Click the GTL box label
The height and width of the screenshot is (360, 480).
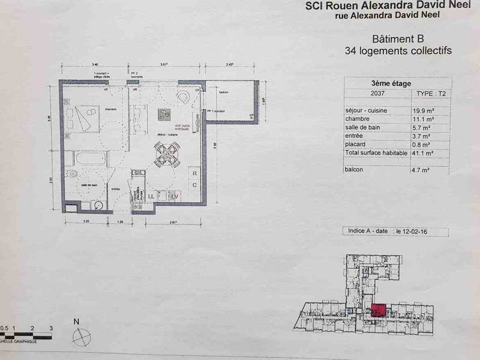point(139,173)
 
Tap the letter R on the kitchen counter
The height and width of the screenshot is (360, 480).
point(195,175)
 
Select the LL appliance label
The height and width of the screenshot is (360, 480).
point(152,196)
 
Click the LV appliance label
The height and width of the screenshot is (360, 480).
point(175,196)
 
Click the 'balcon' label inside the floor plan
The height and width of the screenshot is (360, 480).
point(223,92)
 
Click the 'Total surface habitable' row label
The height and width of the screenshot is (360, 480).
point(368,154)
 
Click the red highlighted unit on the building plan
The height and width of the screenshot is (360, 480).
point(379,311)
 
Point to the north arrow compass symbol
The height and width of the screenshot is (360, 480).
point(80,336)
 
